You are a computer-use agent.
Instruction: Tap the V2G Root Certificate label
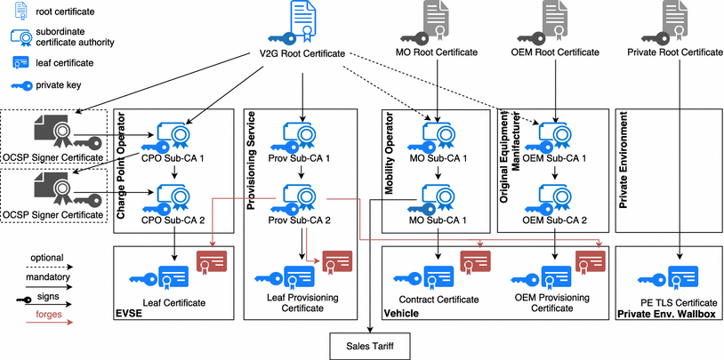coord(295,54)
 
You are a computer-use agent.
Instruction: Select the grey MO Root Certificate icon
coord(437,20)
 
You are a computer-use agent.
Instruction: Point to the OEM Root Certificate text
coord(556,52)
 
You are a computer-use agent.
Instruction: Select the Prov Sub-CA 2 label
coord(300,220)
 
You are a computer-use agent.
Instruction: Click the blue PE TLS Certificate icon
coord(680,272)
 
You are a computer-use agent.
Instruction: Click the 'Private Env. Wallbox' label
coord(666,314)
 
